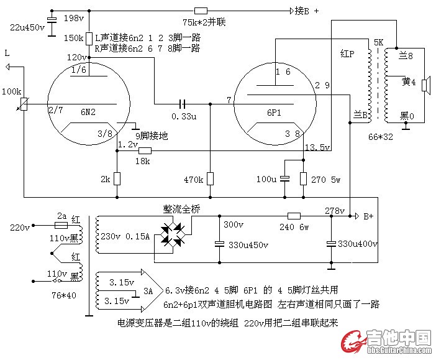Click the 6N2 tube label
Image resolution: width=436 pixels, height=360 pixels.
88,113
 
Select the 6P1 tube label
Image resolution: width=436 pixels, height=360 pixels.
275,113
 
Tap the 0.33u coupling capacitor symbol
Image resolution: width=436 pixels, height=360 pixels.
183,103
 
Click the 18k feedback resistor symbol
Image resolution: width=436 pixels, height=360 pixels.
145,150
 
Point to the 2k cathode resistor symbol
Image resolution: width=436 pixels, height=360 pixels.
117,179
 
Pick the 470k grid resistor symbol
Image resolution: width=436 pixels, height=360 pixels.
210,179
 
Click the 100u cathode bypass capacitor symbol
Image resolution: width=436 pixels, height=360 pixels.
284,179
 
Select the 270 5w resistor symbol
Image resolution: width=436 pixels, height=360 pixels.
303,179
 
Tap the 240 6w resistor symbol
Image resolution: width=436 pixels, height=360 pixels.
294,216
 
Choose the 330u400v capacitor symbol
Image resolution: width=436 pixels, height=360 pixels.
332,242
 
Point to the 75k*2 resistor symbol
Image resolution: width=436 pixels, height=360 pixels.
201,11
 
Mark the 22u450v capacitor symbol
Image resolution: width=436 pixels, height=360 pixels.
52,27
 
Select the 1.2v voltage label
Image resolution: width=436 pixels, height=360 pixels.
128,144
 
